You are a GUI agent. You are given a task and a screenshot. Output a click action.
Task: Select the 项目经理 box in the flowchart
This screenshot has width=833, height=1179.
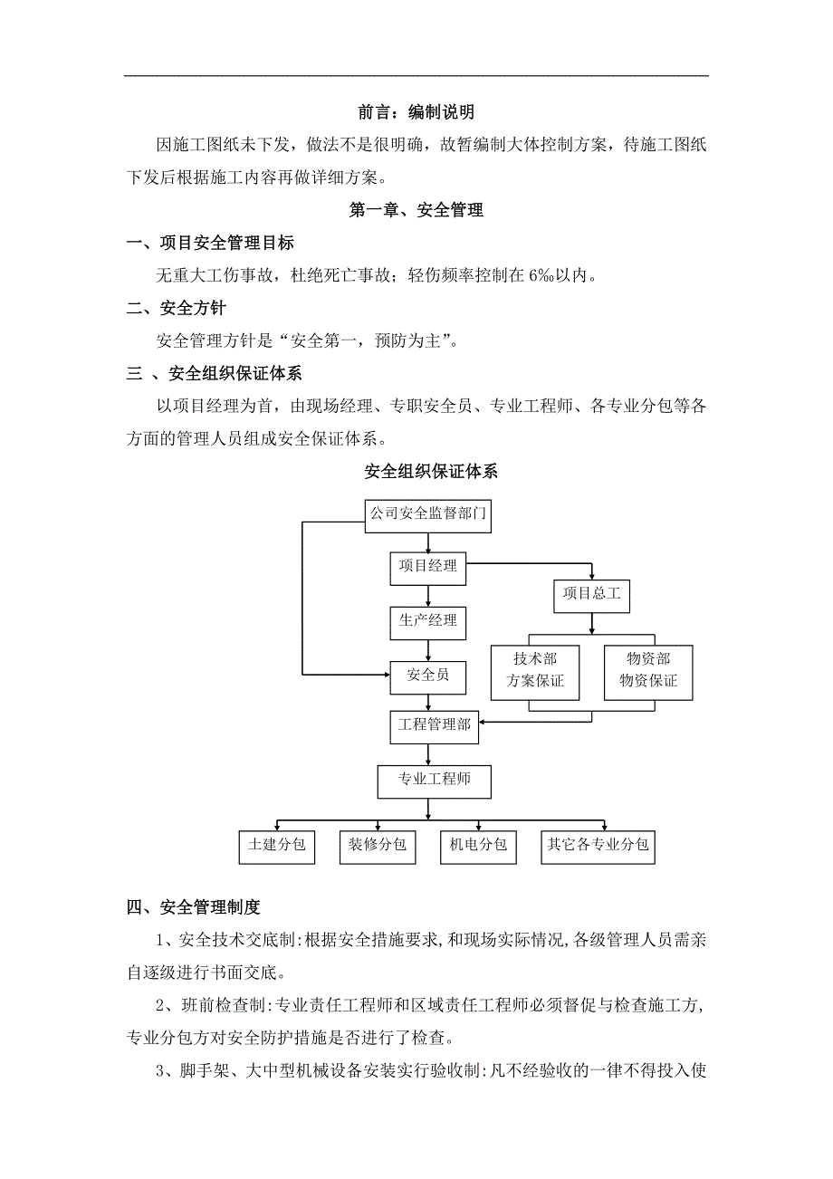tap(428, 569)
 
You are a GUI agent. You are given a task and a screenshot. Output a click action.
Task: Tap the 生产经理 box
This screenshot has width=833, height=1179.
tap(428, 622)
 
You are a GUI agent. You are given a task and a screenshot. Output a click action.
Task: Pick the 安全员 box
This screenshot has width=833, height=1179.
tap(428, 676)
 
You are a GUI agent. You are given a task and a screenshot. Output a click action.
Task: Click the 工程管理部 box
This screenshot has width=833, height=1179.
tap(434, 724)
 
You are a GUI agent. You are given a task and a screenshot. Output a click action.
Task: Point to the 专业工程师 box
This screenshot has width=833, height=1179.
tap(435, 780)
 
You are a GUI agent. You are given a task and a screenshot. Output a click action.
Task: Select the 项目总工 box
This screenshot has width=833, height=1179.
tap(591, 595)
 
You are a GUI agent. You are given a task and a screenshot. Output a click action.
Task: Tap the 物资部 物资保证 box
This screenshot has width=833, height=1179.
tap(648, 671)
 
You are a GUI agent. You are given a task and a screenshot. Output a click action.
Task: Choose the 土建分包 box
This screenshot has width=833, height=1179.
tap(277, 846)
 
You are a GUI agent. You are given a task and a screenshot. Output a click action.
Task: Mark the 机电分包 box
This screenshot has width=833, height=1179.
tap(478, 846)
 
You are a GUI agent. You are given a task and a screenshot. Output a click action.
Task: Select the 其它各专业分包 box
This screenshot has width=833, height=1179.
tap(598, 846)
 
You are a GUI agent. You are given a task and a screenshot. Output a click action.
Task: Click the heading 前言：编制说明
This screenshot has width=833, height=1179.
tap(416, 112)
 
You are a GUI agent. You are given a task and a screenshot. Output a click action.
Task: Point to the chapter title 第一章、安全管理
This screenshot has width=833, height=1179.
tap(416, 210)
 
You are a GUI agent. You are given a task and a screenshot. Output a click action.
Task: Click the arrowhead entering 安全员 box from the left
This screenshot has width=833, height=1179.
tap(385, 675)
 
